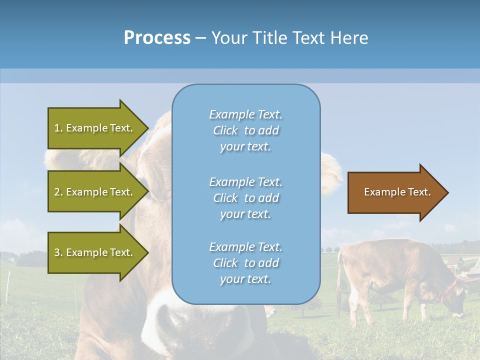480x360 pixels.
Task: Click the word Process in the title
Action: click(157, 38)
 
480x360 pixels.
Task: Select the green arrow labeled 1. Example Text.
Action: click(95, 128)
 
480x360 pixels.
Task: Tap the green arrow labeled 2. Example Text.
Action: click(95, 192)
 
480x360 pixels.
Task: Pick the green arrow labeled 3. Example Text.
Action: click(95, 252)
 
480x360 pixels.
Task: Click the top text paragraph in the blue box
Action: click(245, 130)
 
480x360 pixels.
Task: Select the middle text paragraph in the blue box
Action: click(245, 198)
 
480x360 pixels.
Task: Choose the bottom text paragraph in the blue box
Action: click(245, 263)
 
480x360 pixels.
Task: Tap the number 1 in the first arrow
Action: click(57, 128)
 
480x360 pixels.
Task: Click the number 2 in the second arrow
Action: click(57, 192)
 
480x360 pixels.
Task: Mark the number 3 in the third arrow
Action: click(57, 252)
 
